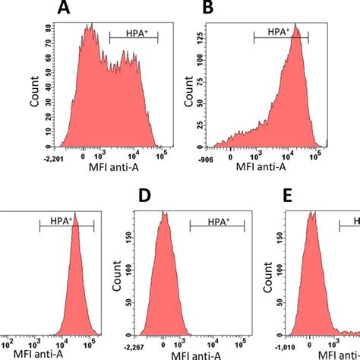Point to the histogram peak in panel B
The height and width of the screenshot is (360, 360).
click(297, 34)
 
